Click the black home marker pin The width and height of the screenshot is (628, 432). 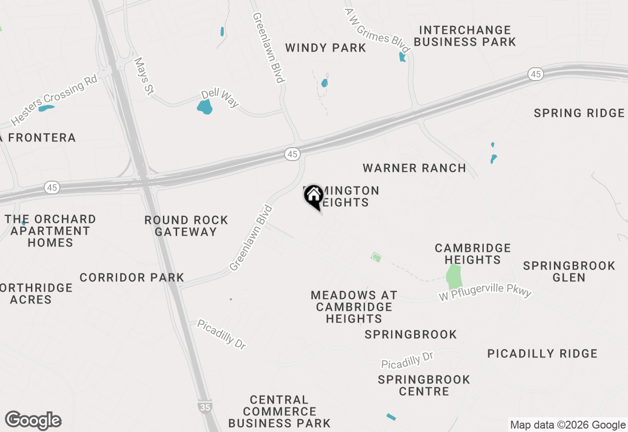tap(314, 197)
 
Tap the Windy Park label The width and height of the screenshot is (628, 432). tap(325, 48)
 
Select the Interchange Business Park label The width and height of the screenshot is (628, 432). tap(465, 36)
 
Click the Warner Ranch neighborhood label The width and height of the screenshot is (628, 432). tap(414, 168)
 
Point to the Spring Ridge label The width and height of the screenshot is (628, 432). tap(579, 113)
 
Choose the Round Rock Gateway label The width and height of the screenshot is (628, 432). tap(186, 226)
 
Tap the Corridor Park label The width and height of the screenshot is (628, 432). tap(131, 277)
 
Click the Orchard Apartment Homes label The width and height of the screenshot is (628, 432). tap(50, 230)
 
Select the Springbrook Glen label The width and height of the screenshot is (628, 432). tap(569, 271)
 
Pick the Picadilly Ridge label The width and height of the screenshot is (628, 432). tap(542, 353)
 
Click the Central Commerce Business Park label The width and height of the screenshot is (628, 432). tap(279, 411)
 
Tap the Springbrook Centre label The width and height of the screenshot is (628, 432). tap(424, 385)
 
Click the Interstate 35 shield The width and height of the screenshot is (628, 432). tap(206, 406)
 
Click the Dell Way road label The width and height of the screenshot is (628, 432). tap(220, 98)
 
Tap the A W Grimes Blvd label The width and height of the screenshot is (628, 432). tap(377, 30)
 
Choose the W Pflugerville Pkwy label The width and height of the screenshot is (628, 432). tap(485, 292)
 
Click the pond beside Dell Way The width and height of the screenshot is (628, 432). tap(205, 107)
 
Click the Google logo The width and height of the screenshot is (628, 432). tap(33, 421)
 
